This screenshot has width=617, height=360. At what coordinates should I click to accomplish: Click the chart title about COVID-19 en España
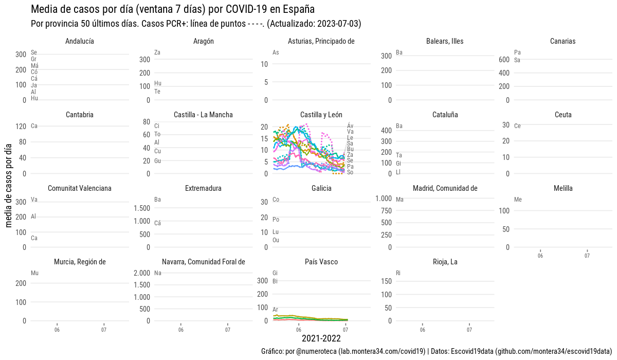pos(173,9)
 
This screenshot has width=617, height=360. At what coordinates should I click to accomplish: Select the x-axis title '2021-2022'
pos(321,338)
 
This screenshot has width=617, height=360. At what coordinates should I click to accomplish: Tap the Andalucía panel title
pos(80,41)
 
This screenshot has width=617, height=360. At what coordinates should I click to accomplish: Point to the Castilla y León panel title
pos(321,115)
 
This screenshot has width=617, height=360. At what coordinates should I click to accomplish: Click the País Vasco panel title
pos(321,262)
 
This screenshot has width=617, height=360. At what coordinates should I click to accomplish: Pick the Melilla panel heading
pos(563,188)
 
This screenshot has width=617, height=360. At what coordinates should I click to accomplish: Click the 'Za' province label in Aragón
pos(157,52)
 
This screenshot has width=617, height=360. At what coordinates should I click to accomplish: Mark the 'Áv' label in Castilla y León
pos(350,126)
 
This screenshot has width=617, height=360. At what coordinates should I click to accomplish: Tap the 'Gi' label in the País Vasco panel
pos(275,273)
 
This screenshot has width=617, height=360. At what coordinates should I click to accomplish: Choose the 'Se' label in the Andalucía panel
pos(34,52)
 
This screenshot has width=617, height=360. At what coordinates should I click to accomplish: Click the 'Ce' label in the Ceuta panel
pos(517,126)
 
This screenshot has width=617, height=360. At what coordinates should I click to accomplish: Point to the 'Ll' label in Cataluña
pos(398,172)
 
